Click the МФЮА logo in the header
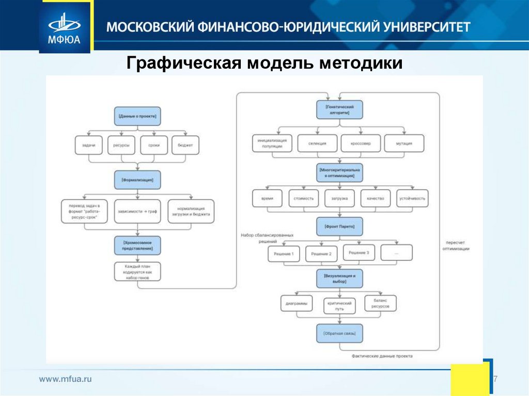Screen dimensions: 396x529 65,27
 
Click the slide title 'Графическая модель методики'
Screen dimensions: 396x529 264,64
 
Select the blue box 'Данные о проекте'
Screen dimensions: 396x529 137,116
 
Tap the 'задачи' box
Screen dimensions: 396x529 88,145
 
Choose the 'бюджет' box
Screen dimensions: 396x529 185,145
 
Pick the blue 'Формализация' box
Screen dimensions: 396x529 137,180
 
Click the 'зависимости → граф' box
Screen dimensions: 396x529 137,211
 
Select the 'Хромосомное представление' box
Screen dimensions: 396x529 137,245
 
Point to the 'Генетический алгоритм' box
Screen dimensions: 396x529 339,109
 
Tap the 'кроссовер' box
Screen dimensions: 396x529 361,143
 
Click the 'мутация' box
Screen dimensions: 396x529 404,143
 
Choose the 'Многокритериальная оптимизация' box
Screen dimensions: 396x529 339,172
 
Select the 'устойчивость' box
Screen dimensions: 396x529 412,198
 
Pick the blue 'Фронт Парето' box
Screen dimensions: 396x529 339,226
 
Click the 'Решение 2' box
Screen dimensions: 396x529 321,254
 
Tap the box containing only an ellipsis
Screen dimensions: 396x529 397,252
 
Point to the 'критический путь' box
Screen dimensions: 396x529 339,306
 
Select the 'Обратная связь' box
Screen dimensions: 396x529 339,334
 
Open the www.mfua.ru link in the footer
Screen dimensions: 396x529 66,379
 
